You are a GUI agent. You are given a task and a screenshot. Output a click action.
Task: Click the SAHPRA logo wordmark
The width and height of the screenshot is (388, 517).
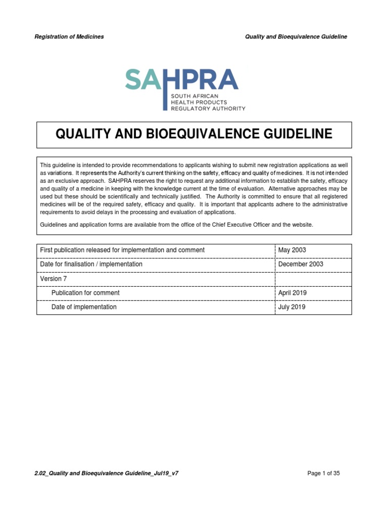click(181, 79)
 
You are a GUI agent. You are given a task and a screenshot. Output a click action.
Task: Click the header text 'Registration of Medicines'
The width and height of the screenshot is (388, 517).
click(69, 37)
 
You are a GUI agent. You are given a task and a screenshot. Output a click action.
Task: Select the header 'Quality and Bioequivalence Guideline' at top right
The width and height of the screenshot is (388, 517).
click(296, 37)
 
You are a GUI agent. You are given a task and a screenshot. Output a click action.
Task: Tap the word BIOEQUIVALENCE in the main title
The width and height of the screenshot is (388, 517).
click(211, 134)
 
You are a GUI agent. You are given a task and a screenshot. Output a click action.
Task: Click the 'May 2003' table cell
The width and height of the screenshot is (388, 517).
click(292, 250)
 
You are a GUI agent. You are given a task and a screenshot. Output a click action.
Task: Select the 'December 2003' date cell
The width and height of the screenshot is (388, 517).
click(301, 264)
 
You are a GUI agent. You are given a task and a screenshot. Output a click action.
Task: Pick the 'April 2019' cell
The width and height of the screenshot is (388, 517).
click(292, 293)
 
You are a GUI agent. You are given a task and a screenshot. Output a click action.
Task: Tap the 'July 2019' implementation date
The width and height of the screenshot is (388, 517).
click(292, 307)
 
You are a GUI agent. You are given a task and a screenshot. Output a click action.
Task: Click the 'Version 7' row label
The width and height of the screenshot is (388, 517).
click(53, 279)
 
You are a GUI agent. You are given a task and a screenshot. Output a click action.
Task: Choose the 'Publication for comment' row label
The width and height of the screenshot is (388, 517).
click(85, 293)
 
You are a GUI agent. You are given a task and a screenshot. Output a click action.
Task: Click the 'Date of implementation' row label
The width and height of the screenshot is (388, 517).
click(84, 307)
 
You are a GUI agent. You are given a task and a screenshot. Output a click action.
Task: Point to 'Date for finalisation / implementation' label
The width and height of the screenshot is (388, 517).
click(91, 264)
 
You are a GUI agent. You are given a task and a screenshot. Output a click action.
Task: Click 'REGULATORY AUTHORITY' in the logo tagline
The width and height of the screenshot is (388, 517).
click(208, 108)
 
